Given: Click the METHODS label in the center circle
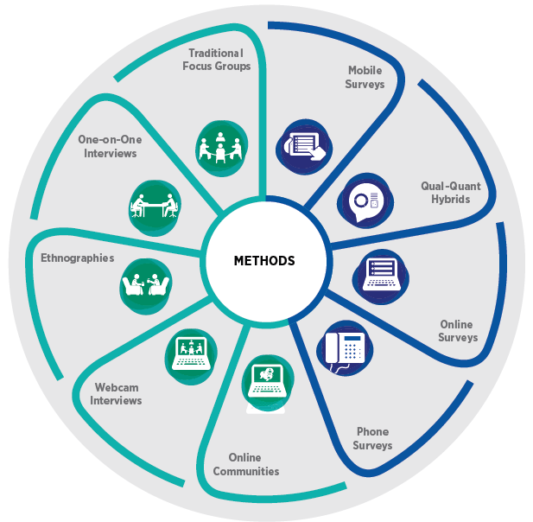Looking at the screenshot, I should pyautogui.click(x=264, y=260).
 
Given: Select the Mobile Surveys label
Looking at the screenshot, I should pyautogui.click(x=365, y=77).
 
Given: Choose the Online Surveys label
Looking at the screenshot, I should pyautogui.click(x=457, y=330).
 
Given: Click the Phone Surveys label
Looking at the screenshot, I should pyautogui.click(x=372, y=438).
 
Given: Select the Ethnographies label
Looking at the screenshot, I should pyautogui.click(x=77, y=258).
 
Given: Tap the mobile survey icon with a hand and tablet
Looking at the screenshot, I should pyautogui.click(x=301, y=144).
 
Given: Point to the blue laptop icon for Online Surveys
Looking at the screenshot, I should pyautogui.click(x=379, y=272).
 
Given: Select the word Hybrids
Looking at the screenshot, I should pyautogui.click(x=450, y=199).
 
